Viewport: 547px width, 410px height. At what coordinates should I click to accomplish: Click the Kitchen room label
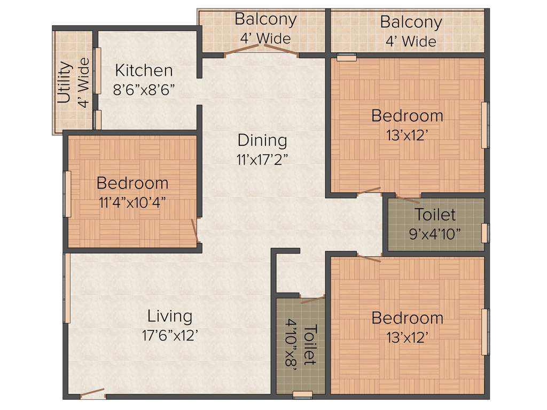[x=144, y=70]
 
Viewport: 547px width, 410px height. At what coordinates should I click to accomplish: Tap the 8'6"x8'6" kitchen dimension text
[x=144, y=89]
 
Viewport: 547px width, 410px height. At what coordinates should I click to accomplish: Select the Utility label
[x=65, y=83]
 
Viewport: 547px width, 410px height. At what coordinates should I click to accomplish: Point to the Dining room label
[x=262, y=140]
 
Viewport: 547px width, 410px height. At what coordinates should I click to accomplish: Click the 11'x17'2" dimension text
[x=262, y=159]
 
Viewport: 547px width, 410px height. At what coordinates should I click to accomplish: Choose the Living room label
[x=170, y=316]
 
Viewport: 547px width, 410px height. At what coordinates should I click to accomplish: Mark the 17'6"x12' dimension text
[x=170, y=335]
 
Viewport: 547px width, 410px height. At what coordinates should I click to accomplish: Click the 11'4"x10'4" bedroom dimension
[x=132, y=202]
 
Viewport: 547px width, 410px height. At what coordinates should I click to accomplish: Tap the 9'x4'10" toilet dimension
[x=435, y=234]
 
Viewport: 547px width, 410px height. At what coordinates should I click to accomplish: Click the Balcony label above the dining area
[x=265, y=19]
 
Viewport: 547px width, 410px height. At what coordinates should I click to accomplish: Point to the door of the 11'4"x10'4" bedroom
[x=196, y=231]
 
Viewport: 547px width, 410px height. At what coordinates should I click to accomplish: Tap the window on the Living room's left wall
[x=67, y=288]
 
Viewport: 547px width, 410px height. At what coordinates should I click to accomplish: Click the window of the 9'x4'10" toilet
[x=485, y=233]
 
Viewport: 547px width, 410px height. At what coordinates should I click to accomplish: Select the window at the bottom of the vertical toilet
[x=303, y=395]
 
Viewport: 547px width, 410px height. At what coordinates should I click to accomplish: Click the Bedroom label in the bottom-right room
[x=407, y=318]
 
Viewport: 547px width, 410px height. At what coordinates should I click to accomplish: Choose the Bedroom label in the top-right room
[x=407, y=115]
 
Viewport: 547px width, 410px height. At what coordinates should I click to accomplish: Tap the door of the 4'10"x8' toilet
[x=312, y=299]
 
